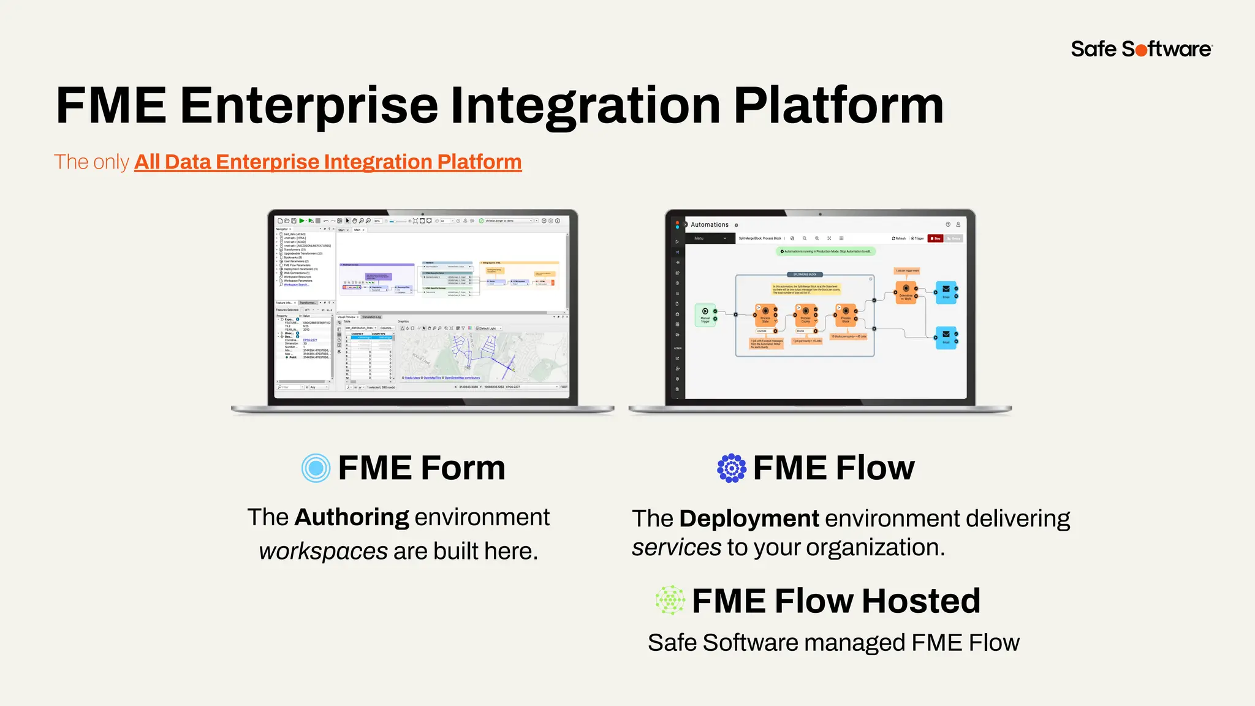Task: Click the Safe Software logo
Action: coord(1141,49)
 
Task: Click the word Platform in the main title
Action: coord(838,106)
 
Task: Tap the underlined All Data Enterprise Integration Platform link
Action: coord(328,162)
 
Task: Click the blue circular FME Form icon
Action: coord(316,468)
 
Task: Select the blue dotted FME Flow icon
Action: coord(732,468)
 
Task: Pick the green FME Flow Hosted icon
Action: coord(670,600)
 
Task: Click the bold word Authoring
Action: coord(352,517)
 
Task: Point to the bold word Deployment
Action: coord(749,518)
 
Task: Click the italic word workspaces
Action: coord(323,551)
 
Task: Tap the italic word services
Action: coord(677,547)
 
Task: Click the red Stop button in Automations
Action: coord(935,238)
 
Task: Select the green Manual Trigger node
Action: coord(705,314)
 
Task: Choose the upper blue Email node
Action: coord(946,291)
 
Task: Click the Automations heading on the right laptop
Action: coord(710,225)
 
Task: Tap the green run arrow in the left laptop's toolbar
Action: coord(302,221)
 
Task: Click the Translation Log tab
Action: coord(371,317)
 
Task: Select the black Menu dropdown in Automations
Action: coord(710,238)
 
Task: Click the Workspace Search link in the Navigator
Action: coord(296,284)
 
